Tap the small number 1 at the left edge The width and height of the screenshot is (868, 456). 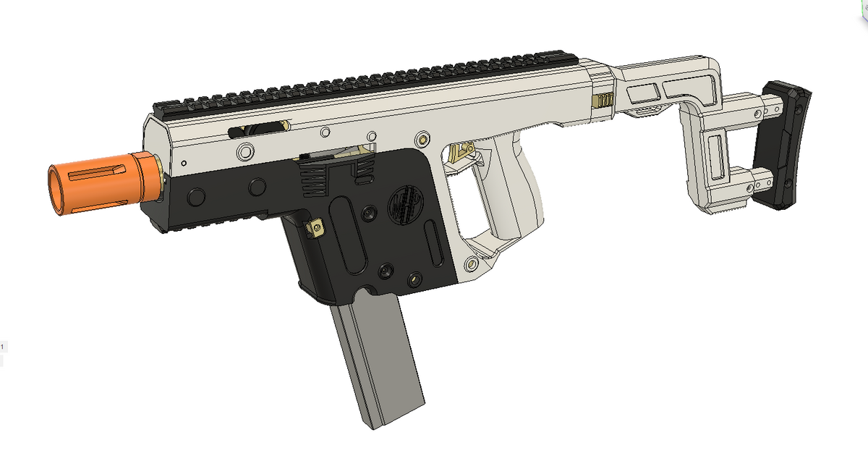point(2,347)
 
